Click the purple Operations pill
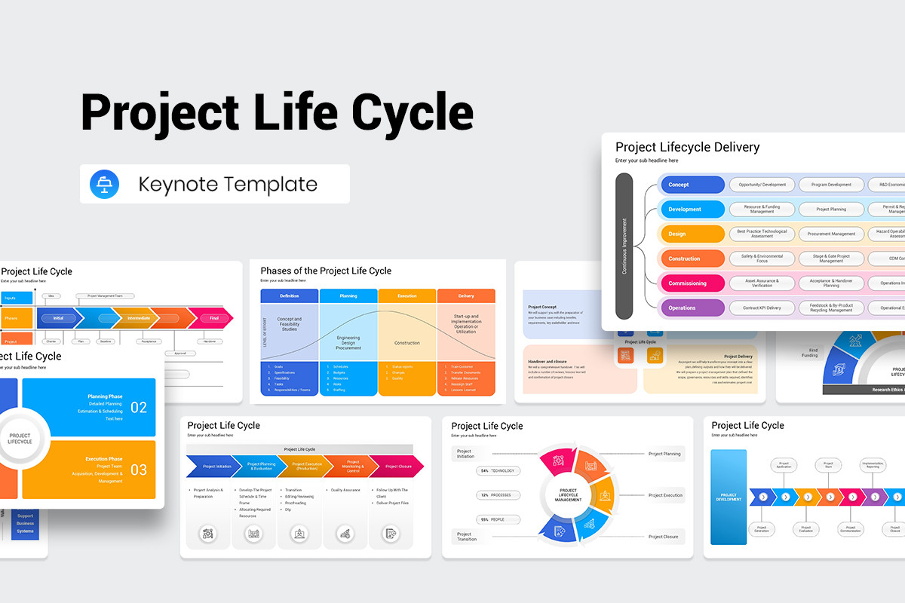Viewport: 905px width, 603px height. coord(692,308)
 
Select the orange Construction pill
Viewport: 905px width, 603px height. coord(692,259)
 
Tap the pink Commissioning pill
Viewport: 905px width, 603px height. coord(692,283)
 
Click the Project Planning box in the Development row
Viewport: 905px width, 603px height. coord(831,209)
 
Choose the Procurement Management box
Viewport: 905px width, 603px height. coord(831,234)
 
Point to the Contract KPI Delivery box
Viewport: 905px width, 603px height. coord(762,308)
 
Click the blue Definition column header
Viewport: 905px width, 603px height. coord(290,296)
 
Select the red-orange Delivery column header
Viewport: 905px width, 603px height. coord(466,296)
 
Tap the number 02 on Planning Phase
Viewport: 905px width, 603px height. coord(139,408)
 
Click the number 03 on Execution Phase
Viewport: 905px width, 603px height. coord(139,470)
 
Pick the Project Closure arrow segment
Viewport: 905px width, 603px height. coord(397,467)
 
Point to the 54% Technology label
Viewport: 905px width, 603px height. coord(498,470)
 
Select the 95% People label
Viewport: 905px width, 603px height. coord(498,519)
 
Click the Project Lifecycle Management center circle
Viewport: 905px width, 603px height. coord(568,495)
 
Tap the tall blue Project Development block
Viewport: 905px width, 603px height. coord(729,497)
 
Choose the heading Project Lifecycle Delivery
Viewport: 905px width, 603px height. coord(687,147)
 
